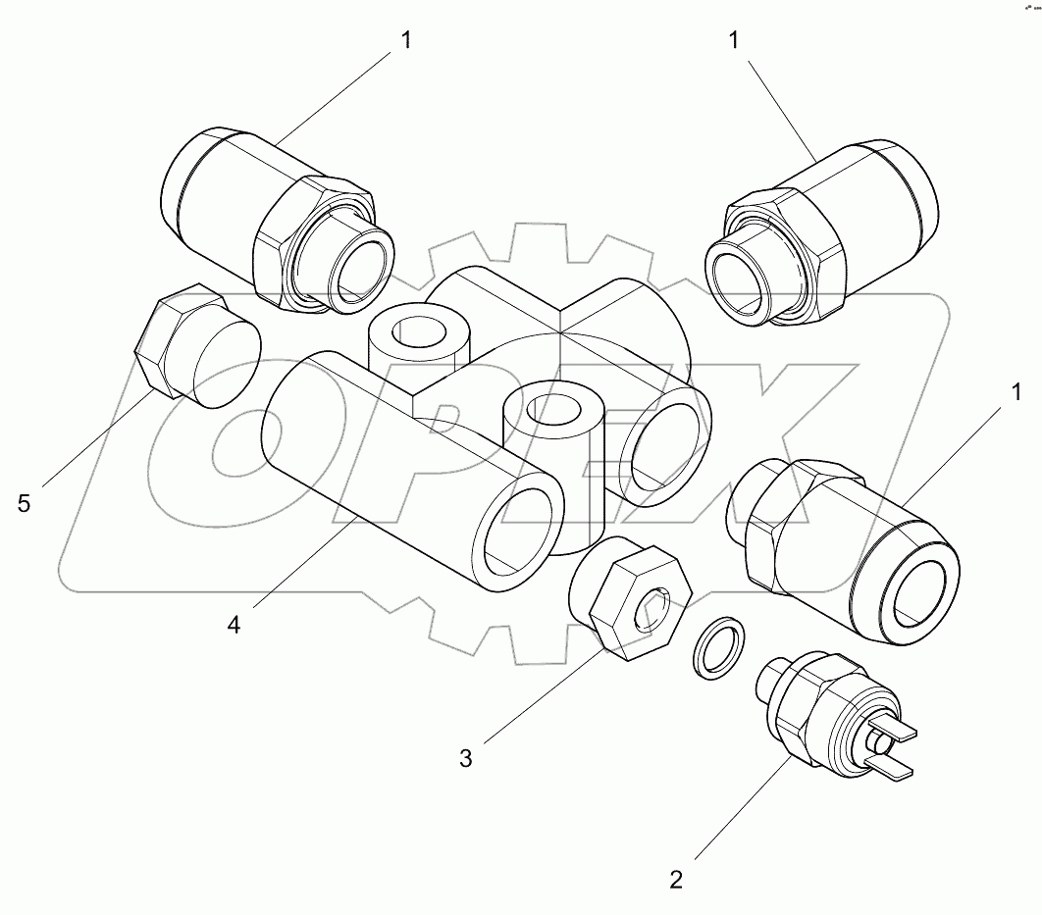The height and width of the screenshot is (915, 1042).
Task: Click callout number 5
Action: [x=25, y=503]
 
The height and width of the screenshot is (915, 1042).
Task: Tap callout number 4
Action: [x=234, y=623]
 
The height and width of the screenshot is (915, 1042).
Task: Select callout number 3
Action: [x=466, y=758]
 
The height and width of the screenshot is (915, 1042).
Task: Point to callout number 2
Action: [x=676, y=878]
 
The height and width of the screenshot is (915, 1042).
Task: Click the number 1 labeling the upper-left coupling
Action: [x=406, y=40]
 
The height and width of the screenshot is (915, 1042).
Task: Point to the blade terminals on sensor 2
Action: [x=893, y=751]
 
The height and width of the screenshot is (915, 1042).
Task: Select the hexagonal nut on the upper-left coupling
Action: [x=294, y=240]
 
